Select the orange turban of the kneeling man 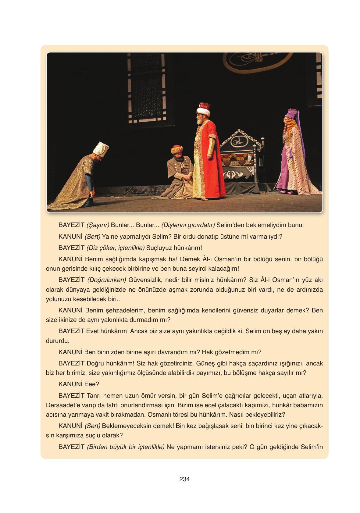177,149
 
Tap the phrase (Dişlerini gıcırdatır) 188,225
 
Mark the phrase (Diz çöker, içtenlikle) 115,248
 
